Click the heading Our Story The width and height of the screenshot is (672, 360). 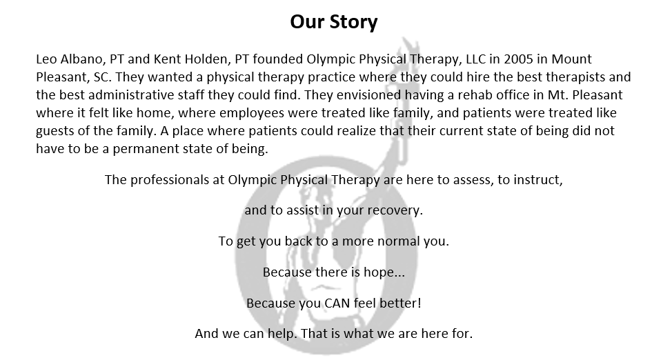coord(334,22)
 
